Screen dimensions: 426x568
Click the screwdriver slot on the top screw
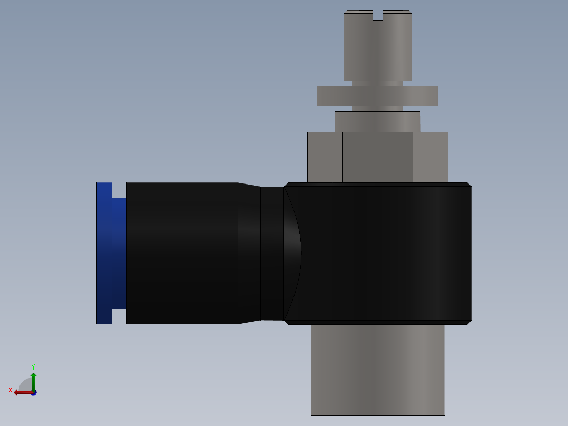377,16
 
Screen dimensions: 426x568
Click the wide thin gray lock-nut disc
377,96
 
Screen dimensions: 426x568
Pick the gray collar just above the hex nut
377,122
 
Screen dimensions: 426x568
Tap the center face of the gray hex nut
377,157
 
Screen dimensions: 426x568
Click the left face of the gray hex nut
325,157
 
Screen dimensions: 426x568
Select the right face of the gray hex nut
430,157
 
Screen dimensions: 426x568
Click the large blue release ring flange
104,253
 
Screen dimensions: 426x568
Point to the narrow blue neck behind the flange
119,253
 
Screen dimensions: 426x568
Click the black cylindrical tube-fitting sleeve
182,253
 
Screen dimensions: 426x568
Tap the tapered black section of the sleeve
249,253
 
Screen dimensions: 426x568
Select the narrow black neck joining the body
272,253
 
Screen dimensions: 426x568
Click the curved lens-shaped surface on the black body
293,253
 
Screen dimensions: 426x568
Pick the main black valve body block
385,253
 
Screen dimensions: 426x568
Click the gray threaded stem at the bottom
377,369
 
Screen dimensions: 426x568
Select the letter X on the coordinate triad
11,390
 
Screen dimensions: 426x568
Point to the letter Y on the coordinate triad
33,366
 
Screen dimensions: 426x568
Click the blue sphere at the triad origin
34,393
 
